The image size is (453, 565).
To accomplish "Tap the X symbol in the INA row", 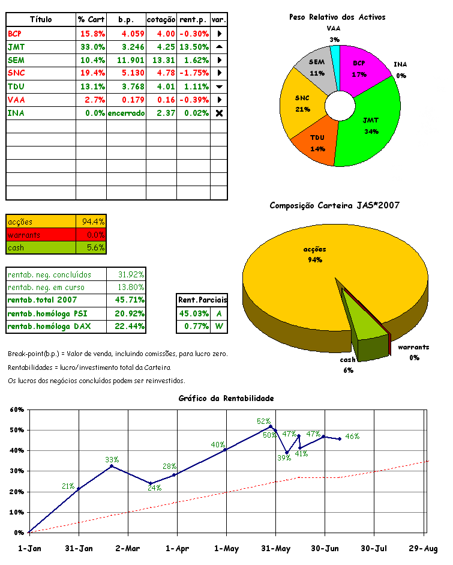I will point(219,113).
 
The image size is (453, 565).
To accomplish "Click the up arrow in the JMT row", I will point(219,47).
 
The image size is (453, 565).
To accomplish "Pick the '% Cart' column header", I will point(91,20).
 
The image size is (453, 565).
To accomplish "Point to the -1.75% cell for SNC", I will point(194,73).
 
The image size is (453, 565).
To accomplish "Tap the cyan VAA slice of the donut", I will point(335,53).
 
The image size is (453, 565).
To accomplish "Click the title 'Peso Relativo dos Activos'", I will point(337,17).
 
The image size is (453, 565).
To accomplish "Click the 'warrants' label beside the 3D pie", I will point(413,348).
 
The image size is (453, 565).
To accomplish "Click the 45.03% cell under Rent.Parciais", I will point(192,313).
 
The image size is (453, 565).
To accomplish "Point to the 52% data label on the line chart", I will point(263,421).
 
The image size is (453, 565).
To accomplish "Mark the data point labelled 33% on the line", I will point(112,466).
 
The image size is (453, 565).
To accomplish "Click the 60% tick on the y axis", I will point(16,410).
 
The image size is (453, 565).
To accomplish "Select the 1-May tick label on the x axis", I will point(226,548).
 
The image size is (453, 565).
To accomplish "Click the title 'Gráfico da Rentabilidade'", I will point(226,398).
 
